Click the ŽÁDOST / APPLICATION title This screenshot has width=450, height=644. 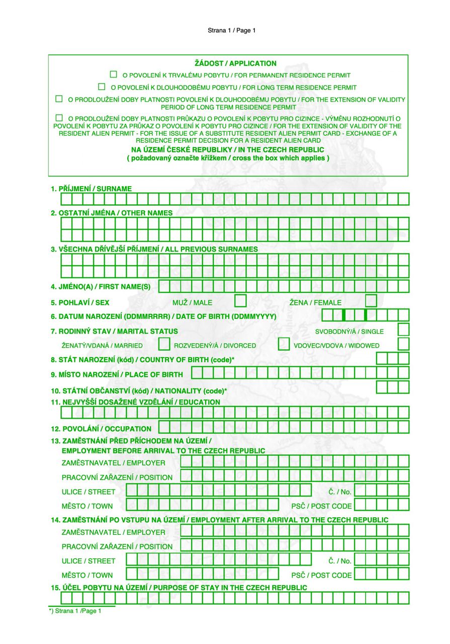tap(235, 63)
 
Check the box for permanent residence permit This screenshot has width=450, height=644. tap(114, 74)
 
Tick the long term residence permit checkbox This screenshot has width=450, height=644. tap(102, 87)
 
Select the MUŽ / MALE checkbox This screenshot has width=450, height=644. tap(240, 301)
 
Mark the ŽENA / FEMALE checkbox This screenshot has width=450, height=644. tap(371, 301)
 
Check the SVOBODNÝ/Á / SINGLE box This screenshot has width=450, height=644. tap(403, 330)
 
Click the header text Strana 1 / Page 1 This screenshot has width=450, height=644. tap(232, 31)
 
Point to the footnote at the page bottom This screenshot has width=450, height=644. tap(75, 611)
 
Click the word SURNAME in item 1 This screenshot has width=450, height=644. tap(114, 189)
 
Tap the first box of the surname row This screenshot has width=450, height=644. tap(66, 199)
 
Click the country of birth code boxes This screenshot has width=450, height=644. tap(393, 358)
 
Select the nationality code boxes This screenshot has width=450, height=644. tap(393, 387)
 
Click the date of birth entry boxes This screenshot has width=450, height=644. tap(365, 315)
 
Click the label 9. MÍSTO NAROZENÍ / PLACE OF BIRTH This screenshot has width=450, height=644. tap(117, 374)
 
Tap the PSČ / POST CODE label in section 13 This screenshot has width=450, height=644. tap(321, 506)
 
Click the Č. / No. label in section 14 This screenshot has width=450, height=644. tap(340, 561)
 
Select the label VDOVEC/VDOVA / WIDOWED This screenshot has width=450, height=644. tap(336, 346)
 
